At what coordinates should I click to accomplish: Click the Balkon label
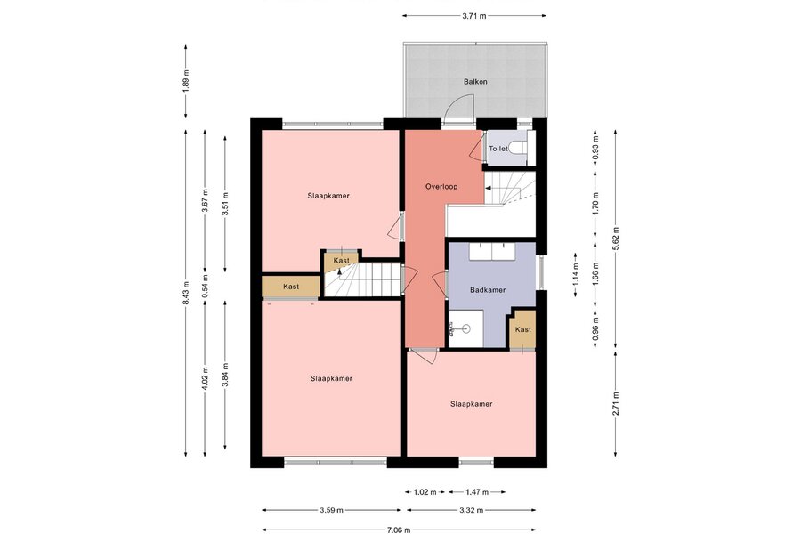coord(475,82)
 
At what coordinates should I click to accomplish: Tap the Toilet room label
coord(498,149)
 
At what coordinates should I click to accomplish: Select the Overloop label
coord(441,187)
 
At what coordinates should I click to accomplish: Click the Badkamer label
coord(488,290)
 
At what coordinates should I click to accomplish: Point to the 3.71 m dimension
coord(474,16)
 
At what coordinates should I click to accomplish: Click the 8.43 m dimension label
coord(186,294)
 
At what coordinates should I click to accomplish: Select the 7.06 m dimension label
coord(399,530)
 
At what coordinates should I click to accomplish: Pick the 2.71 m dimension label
coord(616,404)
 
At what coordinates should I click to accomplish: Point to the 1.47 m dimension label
coord(477,492)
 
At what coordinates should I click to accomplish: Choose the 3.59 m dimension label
coord(332,510)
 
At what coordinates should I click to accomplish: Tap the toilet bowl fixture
coord(519,149)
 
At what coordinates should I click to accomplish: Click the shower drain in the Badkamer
coord(465,328)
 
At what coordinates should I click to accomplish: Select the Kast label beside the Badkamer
coord(523,329)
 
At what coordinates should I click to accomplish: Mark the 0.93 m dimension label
coord(595,149)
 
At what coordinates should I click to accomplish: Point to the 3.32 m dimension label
coord(471,510)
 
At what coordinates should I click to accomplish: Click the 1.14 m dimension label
coord(576,274)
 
